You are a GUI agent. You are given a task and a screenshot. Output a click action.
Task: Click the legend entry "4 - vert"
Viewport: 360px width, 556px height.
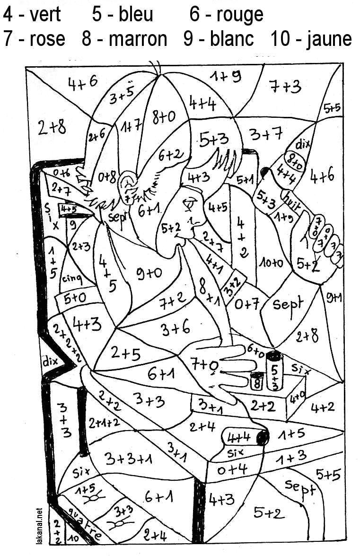pos(32,15)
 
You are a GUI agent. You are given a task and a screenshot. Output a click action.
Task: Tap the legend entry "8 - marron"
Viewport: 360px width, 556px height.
pos(124,39)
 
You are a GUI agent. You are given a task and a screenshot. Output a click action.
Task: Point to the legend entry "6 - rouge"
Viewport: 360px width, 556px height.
pos(226,15)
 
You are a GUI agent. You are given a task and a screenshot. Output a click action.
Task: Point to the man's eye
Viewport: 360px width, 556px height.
pos(191,204)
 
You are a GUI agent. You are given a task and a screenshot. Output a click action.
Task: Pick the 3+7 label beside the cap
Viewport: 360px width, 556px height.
pos(266,135)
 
